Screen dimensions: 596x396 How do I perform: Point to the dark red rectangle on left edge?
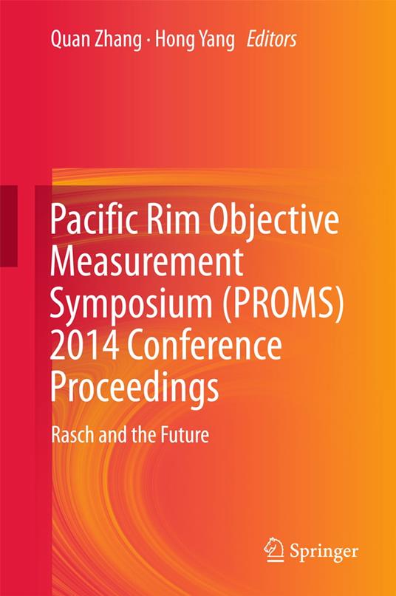coord(9,226)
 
